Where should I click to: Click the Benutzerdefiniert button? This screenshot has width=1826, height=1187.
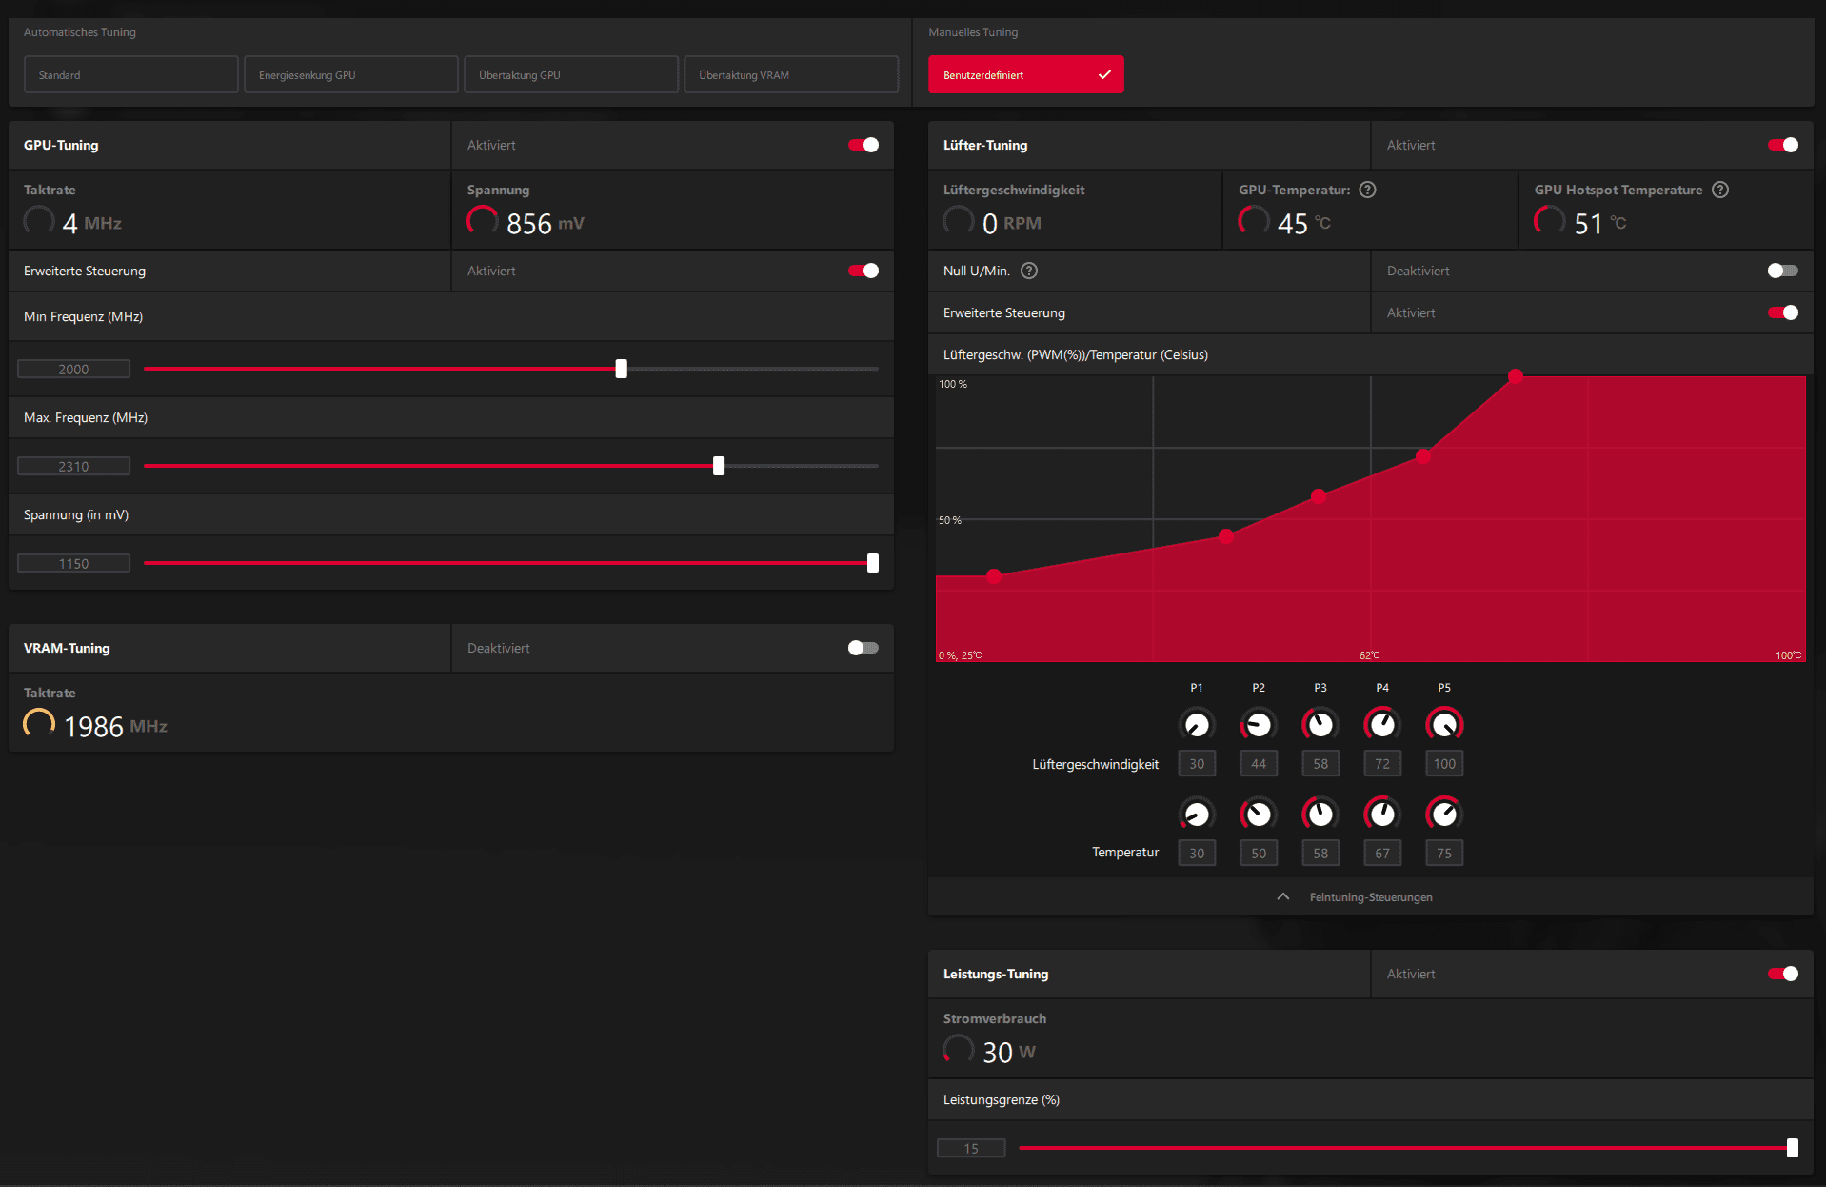click(x=1025, y=74)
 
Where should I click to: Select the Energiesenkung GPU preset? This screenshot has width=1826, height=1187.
click(x=350, y=74)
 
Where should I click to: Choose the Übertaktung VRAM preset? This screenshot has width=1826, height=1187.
click(x=790, y=74)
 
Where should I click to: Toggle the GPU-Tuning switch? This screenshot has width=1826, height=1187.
click(x=863, y=145)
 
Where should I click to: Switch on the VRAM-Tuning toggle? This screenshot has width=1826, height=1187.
click(x=863, y=648)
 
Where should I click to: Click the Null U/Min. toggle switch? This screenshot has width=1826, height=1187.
click(x=1782, y=271)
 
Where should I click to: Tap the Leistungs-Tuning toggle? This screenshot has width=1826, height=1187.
click(x=1782, y=974)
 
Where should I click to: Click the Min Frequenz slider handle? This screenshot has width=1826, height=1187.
click(x=622, y=369)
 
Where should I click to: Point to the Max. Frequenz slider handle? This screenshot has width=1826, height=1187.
click(x=719, y=466)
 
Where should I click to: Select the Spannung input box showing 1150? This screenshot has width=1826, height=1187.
click(x=74, y=563)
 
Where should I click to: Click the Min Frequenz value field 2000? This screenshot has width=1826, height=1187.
click(x=74, y=369)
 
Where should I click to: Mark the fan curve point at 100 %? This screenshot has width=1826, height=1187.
click(x=1516, y=376)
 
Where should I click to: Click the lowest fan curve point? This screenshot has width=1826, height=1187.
click(x=994, y=576)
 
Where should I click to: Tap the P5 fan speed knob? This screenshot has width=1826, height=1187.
click(x=1444, y=725)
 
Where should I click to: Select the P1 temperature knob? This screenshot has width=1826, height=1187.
click(x=1197, y=815)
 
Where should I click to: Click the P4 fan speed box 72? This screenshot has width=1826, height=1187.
click(x=1382, y=763)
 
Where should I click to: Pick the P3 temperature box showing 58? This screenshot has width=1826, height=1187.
click(x=1320, y=853)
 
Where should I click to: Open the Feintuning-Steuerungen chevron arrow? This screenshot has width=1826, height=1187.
click(x=1283, y=896)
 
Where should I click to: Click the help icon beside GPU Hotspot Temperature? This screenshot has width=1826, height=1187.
click(x=1720, y=190)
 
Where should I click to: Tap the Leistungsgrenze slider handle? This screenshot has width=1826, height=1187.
click(x=1793, y=1148)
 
